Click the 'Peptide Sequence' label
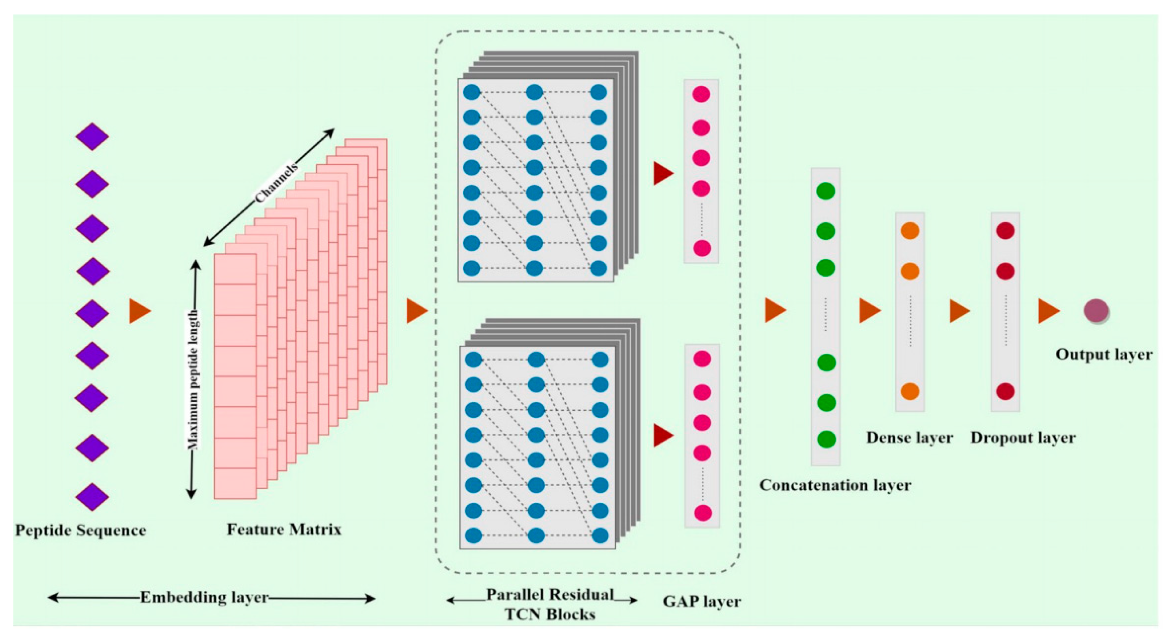80,530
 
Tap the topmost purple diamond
92,136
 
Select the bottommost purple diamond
92,496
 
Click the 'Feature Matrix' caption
284,529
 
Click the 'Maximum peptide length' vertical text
193,379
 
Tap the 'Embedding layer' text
204,597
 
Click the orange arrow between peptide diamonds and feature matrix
139,311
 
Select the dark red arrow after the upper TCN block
663,173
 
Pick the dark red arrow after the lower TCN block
663,435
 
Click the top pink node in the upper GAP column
701,94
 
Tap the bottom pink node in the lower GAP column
703,513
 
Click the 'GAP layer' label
701,601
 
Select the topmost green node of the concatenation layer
825,191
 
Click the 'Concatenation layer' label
835,485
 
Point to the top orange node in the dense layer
910,231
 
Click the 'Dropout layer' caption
1023,437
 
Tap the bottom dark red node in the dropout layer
1005,391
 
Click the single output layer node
1096,311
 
